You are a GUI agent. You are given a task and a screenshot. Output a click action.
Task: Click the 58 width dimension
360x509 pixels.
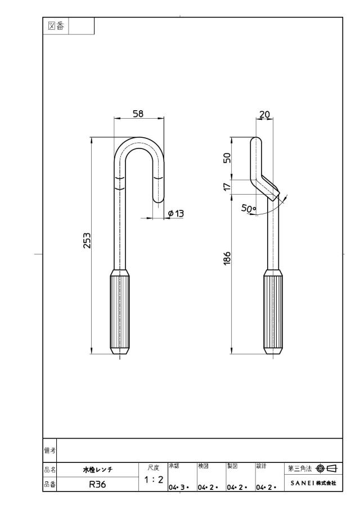point(138,114)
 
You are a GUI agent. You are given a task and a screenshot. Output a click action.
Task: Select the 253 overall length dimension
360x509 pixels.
point(87,241)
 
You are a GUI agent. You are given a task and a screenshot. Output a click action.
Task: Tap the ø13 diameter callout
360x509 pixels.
point(176,213)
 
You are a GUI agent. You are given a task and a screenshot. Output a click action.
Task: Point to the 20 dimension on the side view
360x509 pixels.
point(264,114)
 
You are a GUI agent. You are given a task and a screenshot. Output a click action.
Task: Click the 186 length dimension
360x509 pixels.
point(227,258)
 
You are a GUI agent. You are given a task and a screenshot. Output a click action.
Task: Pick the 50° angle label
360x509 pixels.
point(249,209)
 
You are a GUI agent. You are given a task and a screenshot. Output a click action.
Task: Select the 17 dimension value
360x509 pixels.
point(227,187)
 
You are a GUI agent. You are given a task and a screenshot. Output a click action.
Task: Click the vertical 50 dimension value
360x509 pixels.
point(227,158)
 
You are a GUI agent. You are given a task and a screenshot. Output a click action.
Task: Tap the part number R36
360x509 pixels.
point(97,484)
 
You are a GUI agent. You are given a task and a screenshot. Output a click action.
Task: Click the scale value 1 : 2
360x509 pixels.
point(154,479)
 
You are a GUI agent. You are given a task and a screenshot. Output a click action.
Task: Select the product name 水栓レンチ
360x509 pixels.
point(98,470)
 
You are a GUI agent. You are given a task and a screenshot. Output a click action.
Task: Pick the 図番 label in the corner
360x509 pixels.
point(56,26)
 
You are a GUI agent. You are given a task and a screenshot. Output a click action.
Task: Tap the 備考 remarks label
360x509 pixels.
point(49,451)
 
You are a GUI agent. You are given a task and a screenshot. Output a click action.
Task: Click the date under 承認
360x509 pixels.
point(179,488)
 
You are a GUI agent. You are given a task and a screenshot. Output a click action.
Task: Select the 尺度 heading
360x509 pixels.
point(154,468)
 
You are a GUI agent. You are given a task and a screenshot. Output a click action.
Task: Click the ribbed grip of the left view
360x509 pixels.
point(120,312)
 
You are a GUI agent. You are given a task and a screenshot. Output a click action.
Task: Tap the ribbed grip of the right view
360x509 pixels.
point(273,312)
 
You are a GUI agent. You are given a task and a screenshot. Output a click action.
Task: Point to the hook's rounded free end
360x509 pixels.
point(159,199)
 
